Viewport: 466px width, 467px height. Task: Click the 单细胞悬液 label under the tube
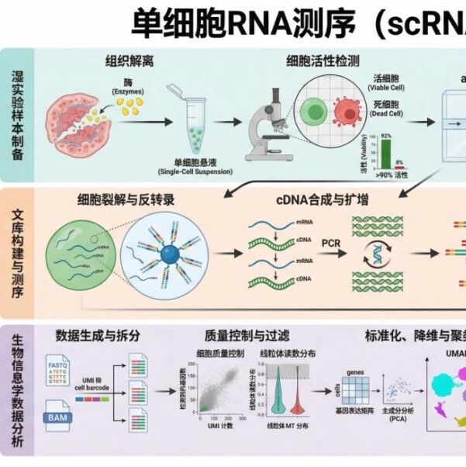click(x=192, y=161)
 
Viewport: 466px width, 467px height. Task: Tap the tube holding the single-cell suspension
click(x=191, y=120)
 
